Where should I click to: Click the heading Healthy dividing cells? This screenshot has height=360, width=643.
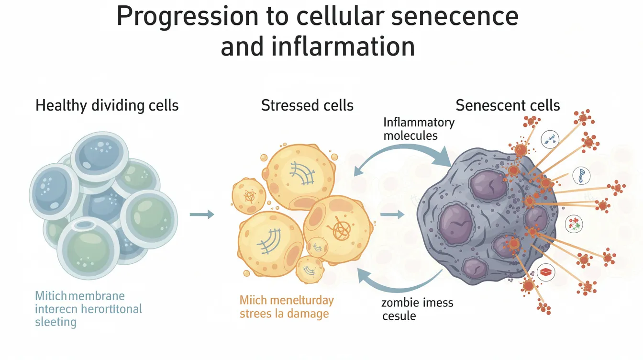click(107, 105)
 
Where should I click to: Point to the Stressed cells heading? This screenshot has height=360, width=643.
click(307, 105)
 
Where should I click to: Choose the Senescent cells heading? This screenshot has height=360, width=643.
click(508, 105)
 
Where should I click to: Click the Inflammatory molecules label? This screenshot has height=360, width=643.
click(418, 129)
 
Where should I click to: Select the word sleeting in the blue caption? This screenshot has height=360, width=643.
click(55, 322)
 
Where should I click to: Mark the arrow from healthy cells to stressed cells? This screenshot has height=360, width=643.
click(202, 214)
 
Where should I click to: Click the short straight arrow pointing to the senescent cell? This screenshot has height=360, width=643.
click(392, 214)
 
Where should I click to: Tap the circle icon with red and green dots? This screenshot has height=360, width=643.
click(574, 223)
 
